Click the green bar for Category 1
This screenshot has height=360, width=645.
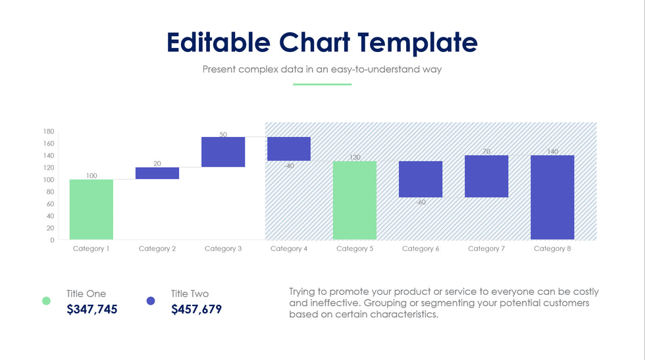click(x=91, y=209)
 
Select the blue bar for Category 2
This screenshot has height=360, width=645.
click(x=157, y=173)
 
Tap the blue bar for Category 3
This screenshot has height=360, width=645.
click(x=222, y=151)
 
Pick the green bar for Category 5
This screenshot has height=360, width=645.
click(x=354, y=200)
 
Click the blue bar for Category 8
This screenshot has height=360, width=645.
click(x=552, y=197)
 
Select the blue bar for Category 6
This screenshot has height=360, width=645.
click(x=420, y=179)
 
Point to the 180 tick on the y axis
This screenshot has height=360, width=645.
click(x=49, y=131)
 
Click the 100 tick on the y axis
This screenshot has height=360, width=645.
click(x=49, y=180)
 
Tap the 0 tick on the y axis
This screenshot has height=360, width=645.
click(x=52, y=240)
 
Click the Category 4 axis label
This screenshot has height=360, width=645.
click(x=288, y=249)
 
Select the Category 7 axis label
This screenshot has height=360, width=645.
click(x=486, y=249)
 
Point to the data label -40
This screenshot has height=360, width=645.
click(x=288, y=166)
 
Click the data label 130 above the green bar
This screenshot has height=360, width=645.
click(x=354, y=157)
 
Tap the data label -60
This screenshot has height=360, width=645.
click(x=420, y=203)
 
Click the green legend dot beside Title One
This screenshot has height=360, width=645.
click(x=46, y=301)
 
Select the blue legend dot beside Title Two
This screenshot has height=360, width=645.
click(x=151, y=301)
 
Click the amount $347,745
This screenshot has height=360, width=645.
click(x=91, y=309)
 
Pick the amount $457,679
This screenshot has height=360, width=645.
click(x=196, y=309)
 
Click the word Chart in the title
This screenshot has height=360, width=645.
click(x=314, y=42)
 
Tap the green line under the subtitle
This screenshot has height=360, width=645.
click(x=322, y=84)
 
